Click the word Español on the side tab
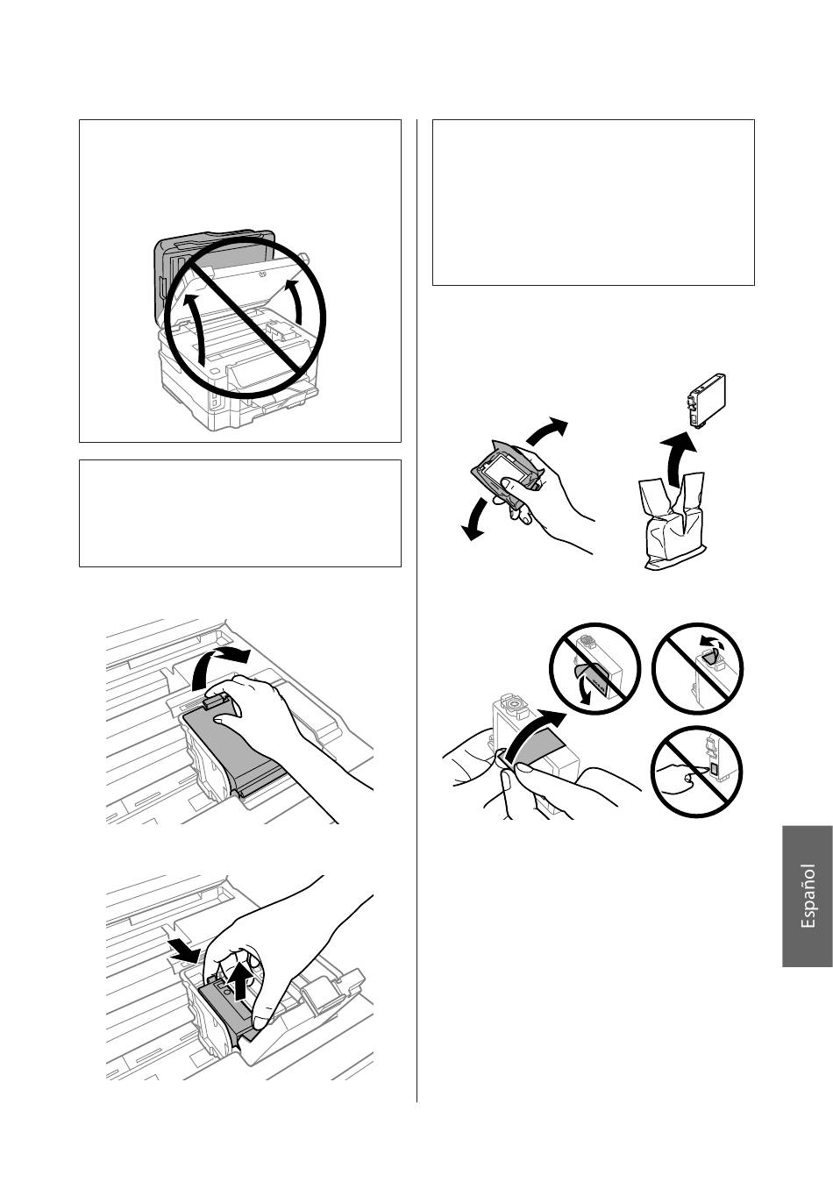click(808, 896)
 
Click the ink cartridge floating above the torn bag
click(707, 400)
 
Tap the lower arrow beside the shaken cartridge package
click(475, 519)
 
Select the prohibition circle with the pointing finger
click(697, 771)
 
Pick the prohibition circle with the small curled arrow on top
click(697, 668)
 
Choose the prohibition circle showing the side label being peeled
click(595, 668)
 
